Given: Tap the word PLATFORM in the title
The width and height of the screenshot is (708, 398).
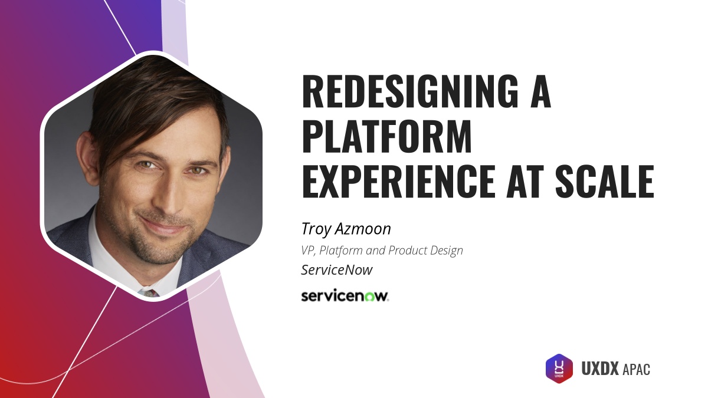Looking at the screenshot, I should pyautogui.click(x=387, y=137).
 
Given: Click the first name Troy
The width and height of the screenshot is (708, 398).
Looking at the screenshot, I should pyautogui.click(x=316, y=229).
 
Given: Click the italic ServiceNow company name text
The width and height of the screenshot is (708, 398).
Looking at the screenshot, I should pyautogui.click(x=336, y=270).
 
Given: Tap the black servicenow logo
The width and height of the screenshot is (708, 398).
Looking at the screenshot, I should pyautogui.click(x=345, y=295).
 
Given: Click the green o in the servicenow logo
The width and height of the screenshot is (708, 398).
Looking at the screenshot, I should pyautogui.click(x=369, y=296).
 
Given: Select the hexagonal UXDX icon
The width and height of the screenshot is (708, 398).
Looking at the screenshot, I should pyautogui.click(x=559, y=369).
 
